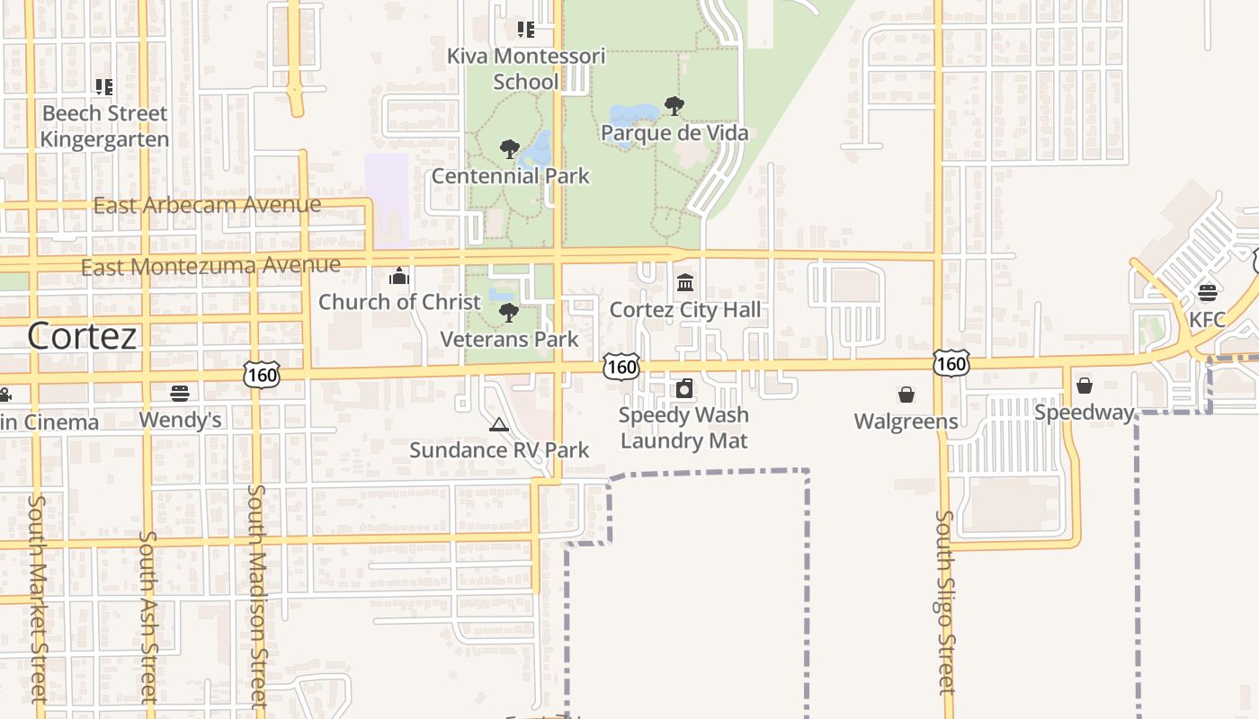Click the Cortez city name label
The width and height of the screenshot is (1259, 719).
(x=82, y=336)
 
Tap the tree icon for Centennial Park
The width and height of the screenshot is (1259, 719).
(x=510, y=149)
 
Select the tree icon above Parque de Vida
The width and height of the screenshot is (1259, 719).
(x=674, y=106)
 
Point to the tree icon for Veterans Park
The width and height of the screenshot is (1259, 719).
(x=509, y=313)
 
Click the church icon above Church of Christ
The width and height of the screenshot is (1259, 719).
(x=399, y=276)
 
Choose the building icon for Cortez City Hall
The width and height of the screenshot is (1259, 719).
(x=685, y=283)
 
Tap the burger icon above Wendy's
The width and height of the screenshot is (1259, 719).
(x=180, y=394)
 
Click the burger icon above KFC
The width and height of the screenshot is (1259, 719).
(x=1207, y=293)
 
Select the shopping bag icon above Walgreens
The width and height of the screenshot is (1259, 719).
(x=906, y=395)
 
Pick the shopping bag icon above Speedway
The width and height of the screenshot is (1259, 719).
(x=1085, y=386)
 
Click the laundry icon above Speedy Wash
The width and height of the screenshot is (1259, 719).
(x=684, y=388)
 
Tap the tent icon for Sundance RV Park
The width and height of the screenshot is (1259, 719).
(x=498, y=424)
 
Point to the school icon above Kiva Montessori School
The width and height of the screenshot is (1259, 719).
(x=526, y=30)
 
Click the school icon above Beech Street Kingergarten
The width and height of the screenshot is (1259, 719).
(x=104, y=87)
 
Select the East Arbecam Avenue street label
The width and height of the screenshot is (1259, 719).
(x=207, y=205)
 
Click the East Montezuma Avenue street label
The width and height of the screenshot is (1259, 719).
(x=210, y=266)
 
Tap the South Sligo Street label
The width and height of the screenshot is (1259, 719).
(x=945, y=602)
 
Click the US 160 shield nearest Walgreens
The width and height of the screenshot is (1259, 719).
(x=951, y=363)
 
